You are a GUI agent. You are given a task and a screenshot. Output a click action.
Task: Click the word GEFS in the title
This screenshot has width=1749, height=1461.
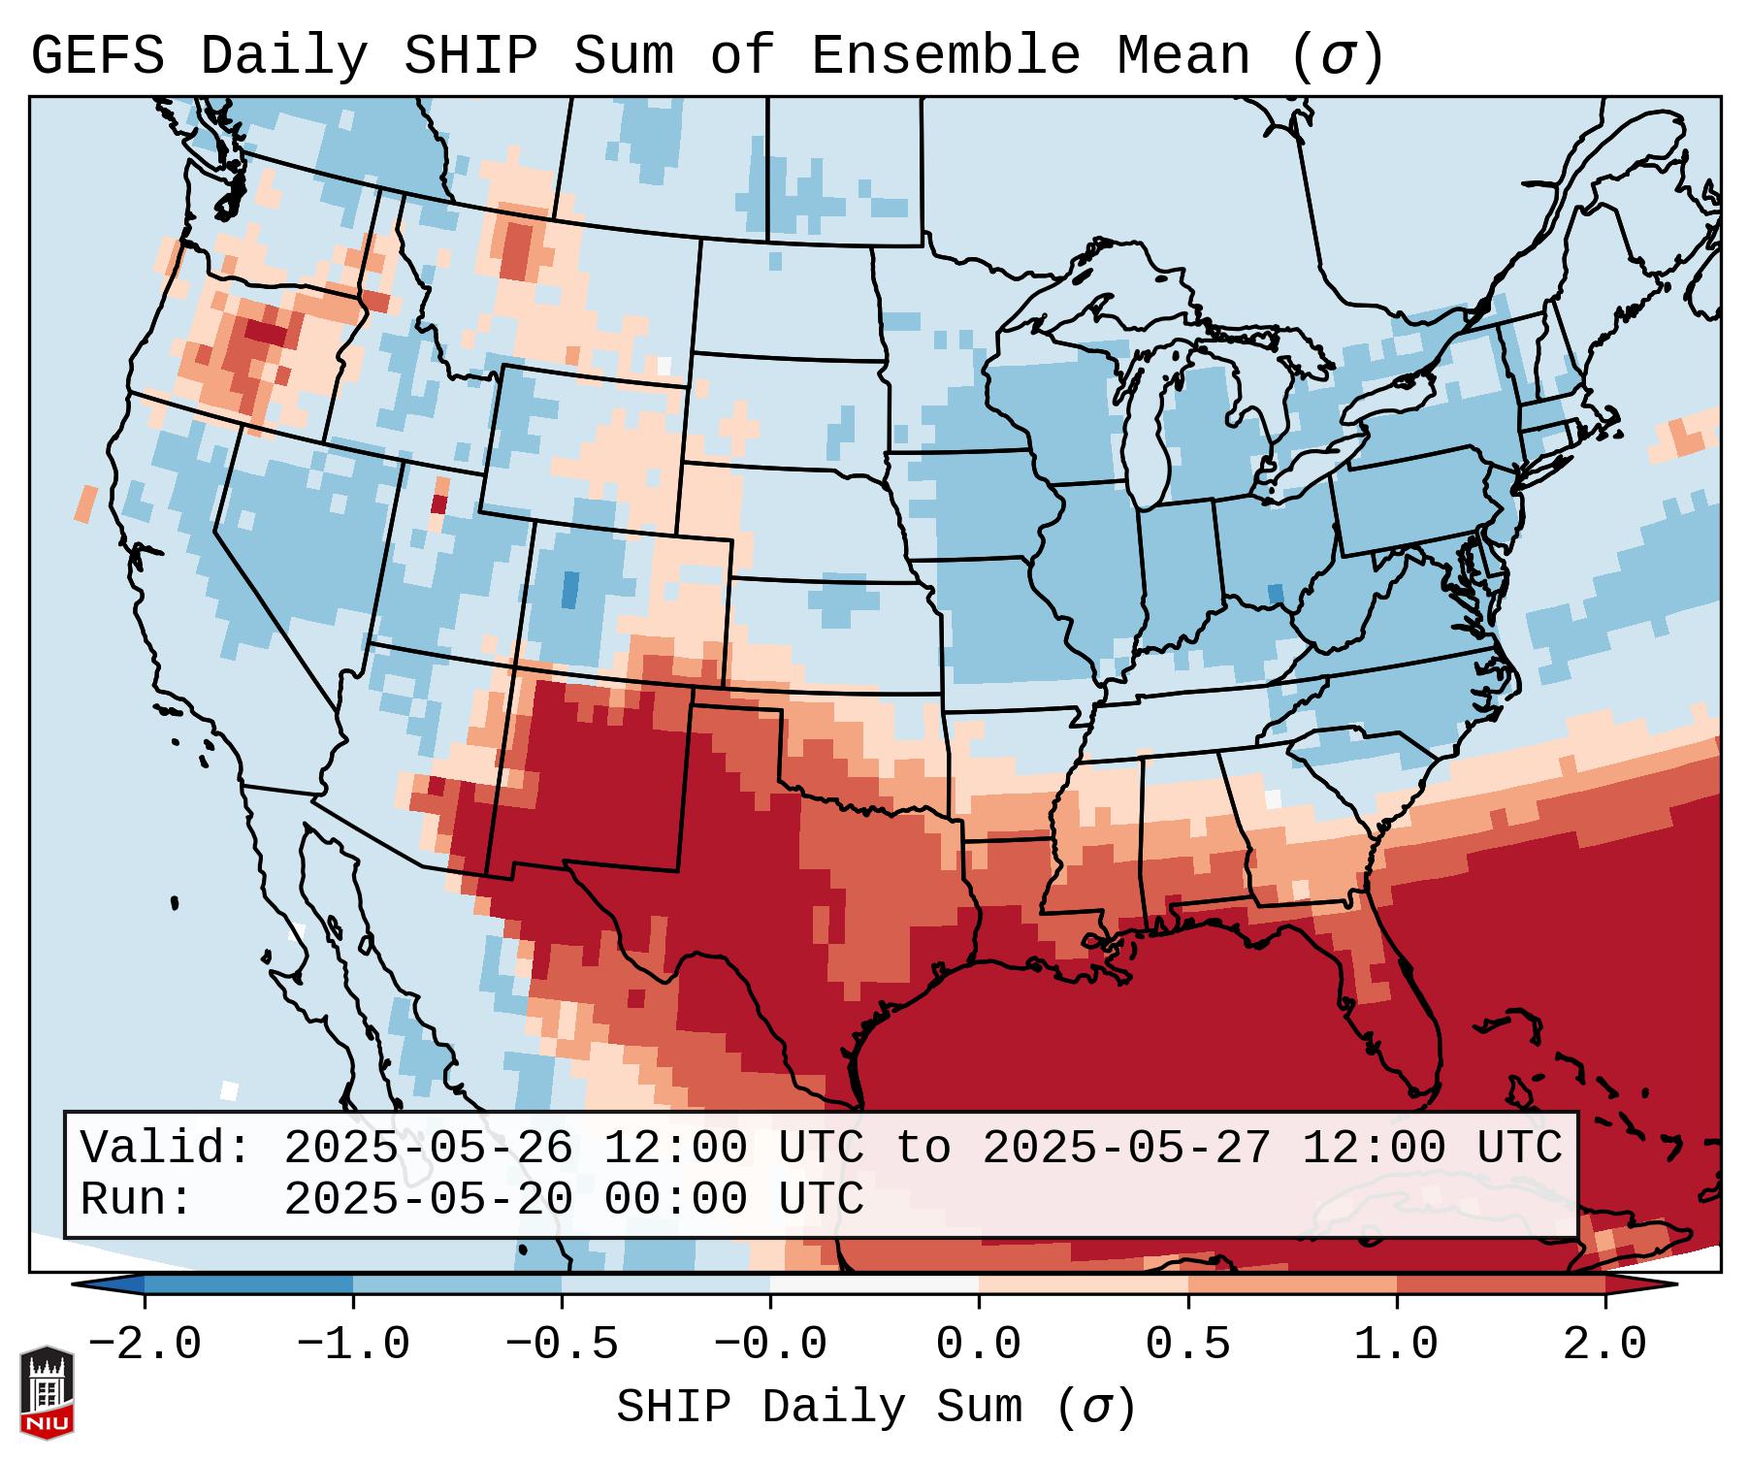click(97, 55)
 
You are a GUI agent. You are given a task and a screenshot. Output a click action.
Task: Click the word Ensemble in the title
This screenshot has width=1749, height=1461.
click(945, 55)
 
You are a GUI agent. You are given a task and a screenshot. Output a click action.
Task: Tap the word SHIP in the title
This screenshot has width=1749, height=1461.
click(470, 55)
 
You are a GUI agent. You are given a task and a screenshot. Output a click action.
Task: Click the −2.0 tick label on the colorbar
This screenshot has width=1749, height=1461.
click(145, 1345)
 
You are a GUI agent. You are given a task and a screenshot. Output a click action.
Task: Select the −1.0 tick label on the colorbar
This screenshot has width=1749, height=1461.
click(353, 1345)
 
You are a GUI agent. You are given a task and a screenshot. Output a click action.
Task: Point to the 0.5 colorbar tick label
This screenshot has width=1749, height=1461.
click(1187, 1345)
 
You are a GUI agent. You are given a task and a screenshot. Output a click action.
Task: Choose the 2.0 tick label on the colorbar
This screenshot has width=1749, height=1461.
click(1604, 1345)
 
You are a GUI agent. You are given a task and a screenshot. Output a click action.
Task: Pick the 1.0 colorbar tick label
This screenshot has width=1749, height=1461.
click(1396, 1345)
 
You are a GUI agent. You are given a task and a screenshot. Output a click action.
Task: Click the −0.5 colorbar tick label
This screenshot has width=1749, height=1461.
click(562, 1345)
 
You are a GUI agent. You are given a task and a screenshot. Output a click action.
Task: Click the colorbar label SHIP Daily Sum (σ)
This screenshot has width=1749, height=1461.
click(875, 1408)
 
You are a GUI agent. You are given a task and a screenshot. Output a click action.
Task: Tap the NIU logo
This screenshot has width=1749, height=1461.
click(47, 1392)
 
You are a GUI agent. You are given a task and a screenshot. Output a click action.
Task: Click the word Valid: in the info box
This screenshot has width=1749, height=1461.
click(166, 1149)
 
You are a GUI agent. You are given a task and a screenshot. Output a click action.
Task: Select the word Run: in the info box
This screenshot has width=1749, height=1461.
click(137, 1199)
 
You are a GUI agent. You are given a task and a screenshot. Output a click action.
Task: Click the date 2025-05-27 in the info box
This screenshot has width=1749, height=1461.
click(1125, 1149)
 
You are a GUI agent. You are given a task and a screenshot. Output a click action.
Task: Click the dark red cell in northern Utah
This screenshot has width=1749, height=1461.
click(438, 504)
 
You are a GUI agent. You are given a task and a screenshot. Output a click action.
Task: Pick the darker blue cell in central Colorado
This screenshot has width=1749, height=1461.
click(570, 590)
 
